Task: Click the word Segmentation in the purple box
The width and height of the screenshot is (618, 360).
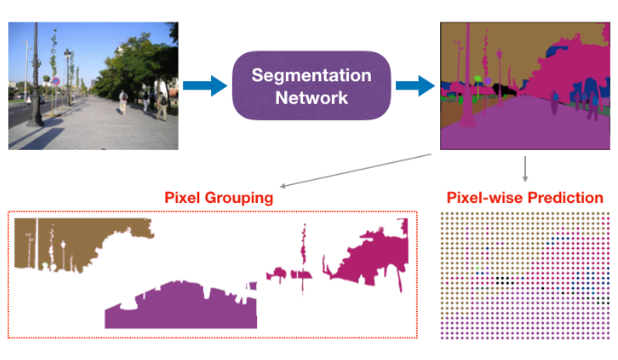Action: pos(311,75)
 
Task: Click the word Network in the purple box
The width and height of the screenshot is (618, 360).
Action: pos(311,97)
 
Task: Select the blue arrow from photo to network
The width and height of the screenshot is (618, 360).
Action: pos(205,87)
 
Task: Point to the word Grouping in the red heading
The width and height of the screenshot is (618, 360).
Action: pos(244,196)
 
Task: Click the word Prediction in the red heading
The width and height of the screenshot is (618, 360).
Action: pos(567,196)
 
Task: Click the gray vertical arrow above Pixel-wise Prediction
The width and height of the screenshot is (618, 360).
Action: pos(525,168)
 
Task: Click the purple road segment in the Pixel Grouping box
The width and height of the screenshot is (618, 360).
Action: pos(180,307)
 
